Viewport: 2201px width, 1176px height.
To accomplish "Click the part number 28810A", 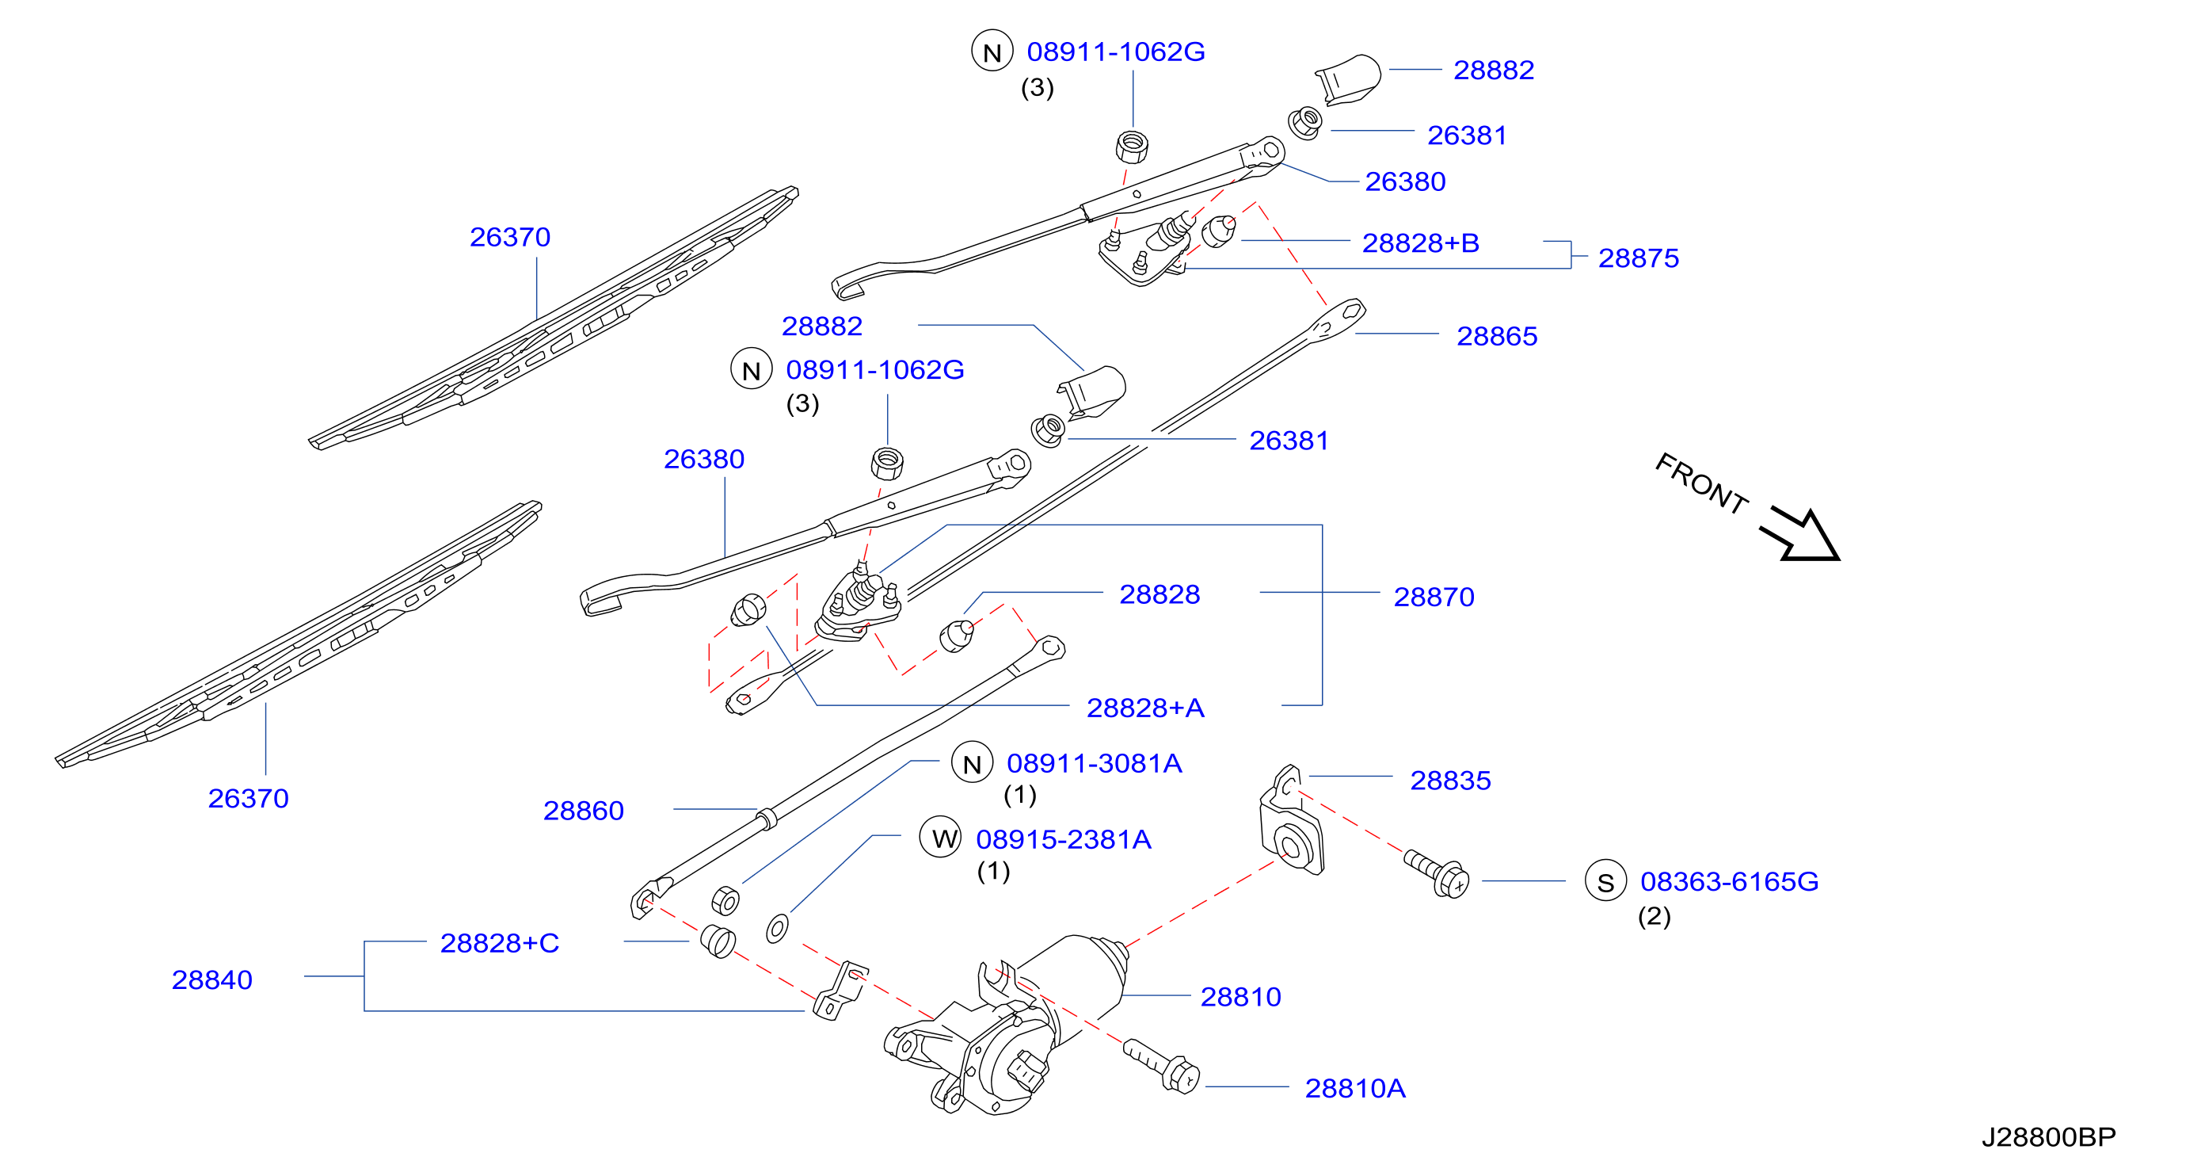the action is pos(1354,1088).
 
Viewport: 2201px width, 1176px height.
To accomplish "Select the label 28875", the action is pos(1638,258).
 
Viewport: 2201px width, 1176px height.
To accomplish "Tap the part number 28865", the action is pos(1496,336).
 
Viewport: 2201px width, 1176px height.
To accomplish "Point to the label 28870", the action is pos(1434,597).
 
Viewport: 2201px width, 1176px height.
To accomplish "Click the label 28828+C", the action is pos(500,943).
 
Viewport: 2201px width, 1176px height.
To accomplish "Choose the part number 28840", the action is pos(212,979).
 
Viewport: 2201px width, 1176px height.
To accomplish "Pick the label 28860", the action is pos(584,810).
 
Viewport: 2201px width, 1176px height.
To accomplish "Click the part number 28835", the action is pos(1450,781).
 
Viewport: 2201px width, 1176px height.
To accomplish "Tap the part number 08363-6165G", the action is pos(1730,881).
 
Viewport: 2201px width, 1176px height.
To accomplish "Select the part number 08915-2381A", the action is pos(1064,839).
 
